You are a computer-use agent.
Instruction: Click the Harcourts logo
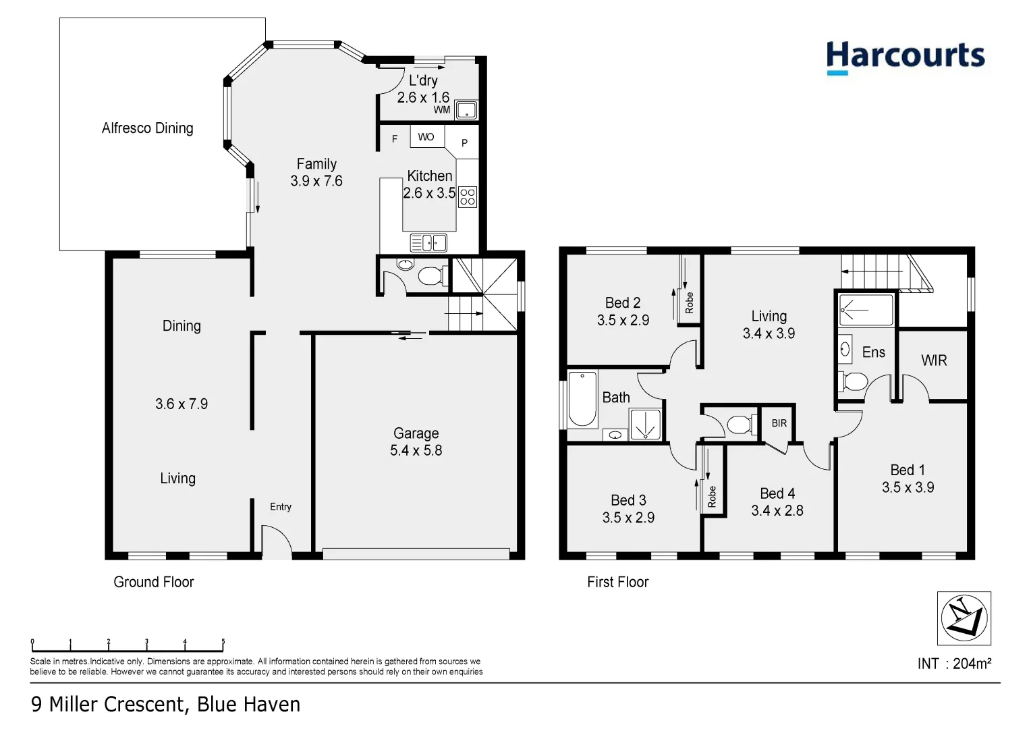point(905,57)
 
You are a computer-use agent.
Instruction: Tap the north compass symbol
point(964,618)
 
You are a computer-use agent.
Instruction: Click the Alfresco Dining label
point(147,128)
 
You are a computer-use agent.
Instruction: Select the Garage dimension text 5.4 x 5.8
point(416,451)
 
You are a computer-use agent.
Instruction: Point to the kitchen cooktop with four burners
point(468,197)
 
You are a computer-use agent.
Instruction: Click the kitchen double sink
point(428,242)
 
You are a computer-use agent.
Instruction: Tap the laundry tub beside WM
point(466,110)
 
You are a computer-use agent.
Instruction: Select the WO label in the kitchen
point(426,137)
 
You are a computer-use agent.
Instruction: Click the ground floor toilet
point(429,275)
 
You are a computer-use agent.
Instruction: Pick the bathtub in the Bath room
point(582,399)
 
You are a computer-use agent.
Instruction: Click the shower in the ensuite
point(866,310)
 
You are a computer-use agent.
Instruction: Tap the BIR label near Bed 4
point(779,423)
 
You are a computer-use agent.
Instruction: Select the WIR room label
point(934,360)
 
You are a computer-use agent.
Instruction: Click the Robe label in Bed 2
point(689,303)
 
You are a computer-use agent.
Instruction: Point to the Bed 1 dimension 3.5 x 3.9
point(908,487)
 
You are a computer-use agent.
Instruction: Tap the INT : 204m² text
point(954,664)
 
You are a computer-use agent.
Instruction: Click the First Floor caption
point(617,582)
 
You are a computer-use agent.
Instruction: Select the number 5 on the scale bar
point(223,642)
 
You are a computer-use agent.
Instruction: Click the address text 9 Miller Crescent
point(107,705)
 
